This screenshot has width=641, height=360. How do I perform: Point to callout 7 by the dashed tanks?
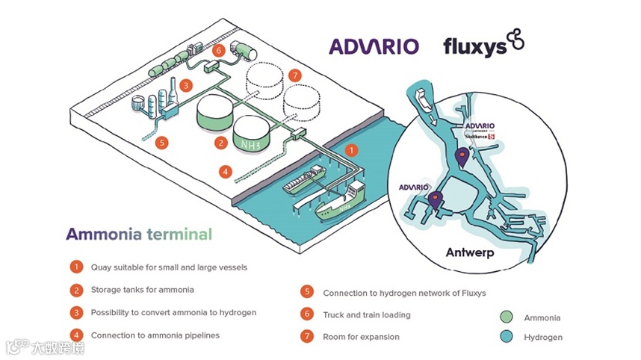coord(294,75)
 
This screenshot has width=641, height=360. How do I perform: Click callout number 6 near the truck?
coord(218,51)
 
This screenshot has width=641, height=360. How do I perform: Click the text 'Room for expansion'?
coord(362,337)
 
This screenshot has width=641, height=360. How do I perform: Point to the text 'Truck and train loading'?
coord(366,314)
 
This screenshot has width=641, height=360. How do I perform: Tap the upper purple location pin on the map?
coord(462,156)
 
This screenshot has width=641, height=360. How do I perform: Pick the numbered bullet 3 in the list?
coord(75,312)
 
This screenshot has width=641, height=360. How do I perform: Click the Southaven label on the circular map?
coord(475,137)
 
